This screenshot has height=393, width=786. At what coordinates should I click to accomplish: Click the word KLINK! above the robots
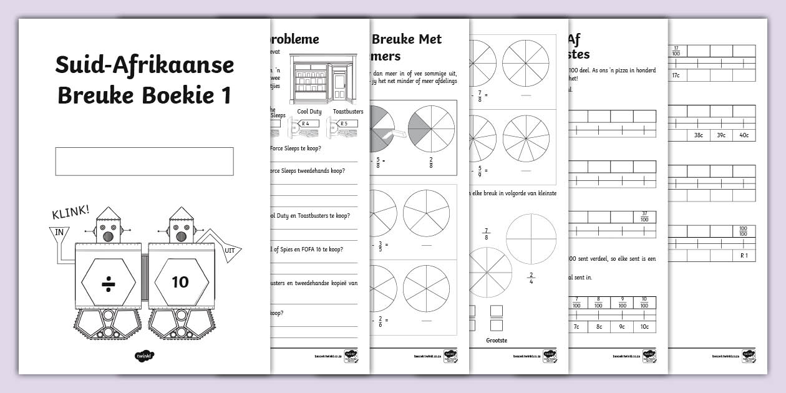click(70, 213)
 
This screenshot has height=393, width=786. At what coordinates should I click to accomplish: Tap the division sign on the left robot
click(109, 282)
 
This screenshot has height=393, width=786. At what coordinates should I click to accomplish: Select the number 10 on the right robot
click(180, 282)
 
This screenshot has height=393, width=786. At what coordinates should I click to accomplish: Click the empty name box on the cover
click(144, 161)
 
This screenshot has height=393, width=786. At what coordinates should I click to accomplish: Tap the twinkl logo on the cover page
click(144, 356)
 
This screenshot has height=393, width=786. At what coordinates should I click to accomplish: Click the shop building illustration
click(323, 79)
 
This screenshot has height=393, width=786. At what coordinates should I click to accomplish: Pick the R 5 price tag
click(344, 124)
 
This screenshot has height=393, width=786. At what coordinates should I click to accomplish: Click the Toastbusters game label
click(348, 112)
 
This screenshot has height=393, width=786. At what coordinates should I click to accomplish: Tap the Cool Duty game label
click(309, 112)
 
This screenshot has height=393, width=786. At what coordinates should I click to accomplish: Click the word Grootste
click(496, 340)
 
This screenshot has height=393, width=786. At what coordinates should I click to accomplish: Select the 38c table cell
click(698, 135)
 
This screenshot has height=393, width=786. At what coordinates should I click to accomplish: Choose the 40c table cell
click(744, 135)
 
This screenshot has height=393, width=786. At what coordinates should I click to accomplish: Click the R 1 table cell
click(744, 256)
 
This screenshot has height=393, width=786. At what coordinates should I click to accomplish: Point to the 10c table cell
click(644, 326)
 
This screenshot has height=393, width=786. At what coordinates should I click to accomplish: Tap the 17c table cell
click(676, 75)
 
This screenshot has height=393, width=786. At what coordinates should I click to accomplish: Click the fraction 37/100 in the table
click(644, 216)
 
